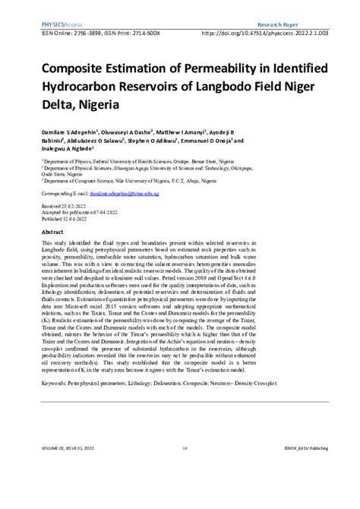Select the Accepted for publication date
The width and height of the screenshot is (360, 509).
83,213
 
